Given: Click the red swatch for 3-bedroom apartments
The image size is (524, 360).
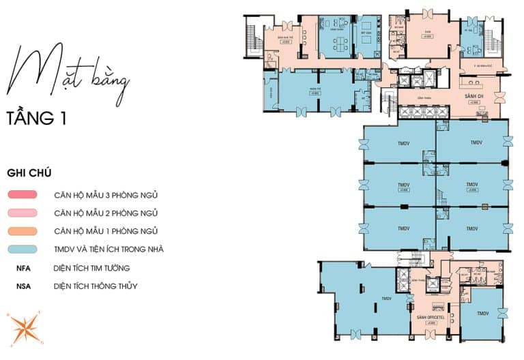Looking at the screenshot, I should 25,195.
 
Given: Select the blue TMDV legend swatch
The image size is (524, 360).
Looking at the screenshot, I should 25,250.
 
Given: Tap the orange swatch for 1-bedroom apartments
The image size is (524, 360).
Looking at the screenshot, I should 25,231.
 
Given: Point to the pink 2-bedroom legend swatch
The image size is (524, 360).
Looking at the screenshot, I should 25,213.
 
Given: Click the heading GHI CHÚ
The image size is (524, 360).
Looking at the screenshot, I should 29,173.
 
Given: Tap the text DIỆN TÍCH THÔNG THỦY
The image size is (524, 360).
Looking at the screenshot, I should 95,286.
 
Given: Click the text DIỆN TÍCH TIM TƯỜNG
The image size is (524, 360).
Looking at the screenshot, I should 91,268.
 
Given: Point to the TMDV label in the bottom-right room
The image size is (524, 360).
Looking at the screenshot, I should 484,314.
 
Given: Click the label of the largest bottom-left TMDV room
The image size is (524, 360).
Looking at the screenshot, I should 386,299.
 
